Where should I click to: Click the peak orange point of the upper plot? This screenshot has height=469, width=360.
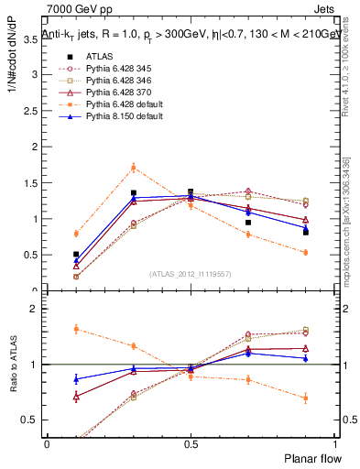point(134,168)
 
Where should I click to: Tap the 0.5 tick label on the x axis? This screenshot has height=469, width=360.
point(190,443)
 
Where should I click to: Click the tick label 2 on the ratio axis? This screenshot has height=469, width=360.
point(37,309)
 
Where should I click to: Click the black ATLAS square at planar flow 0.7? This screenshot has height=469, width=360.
point(247,223)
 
